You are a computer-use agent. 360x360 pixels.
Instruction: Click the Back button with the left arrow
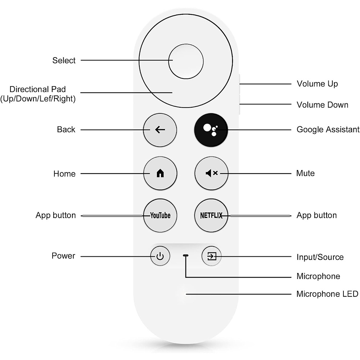[x=160, y=130]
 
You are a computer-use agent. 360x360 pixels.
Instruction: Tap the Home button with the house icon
[x=160, y=174]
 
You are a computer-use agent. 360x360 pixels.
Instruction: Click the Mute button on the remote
[x=211, y=174]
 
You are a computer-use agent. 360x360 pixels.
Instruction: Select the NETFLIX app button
[x=211, y=216]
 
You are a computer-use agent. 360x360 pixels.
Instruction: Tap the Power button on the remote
[x=160, y=256]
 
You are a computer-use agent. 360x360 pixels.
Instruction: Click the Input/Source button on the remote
[x=211, y=256]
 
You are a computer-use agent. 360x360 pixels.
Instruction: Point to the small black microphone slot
[x=186, y=255]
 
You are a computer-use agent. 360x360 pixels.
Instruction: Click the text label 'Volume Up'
[x=317, y=84]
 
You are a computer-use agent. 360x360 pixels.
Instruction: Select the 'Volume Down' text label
[x=322, y=105]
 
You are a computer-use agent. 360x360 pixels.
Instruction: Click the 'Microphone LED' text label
[x=327, y=294]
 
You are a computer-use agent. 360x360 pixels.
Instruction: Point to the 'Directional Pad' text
[x=38, y=89]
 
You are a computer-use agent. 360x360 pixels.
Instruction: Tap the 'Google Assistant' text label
[x=328, y=129]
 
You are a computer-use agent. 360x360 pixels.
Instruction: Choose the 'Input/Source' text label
[x=320, y=257]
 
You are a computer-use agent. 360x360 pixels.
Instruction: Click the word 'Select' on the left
[x=64, y=60]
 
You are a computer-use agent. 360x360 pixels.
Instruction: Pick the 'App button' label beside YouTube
[x=56, y=215]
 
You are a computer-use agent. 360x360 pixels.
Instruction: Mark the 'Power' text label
[x=63, y=256]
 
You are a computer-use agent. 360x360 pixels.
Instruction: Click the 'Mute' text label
[x=305, y=173]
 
